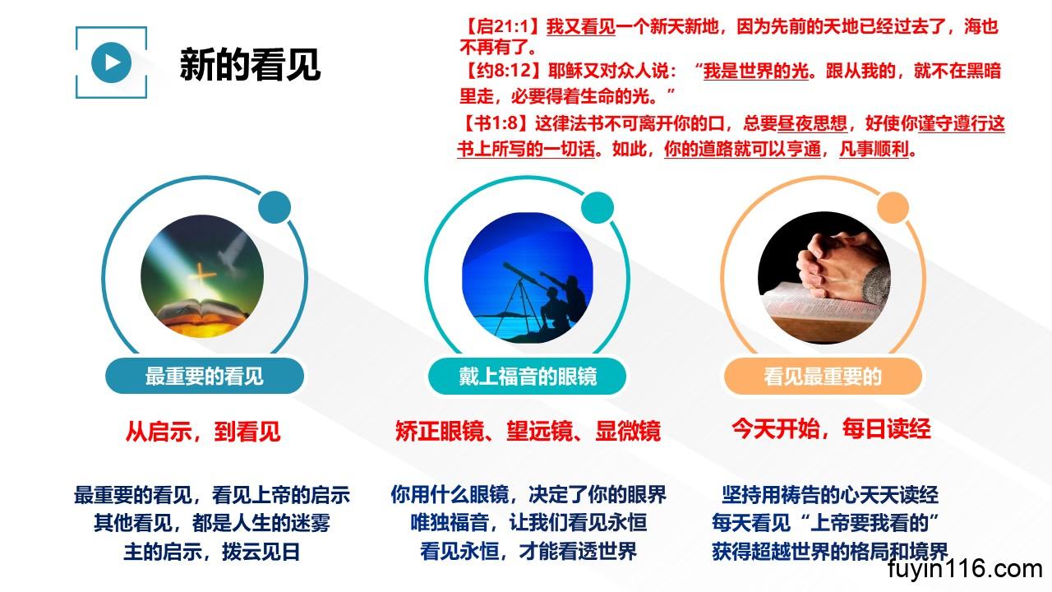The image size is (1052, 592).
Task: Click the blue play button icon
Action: (x=111, y=62)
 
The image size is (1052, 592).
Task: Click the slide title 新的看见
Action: (x=250, y=64)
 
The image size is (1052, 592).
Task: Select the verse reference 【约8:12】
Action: (x=502, y=71)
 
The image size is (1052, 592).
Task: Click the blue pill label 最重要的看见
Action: (x=205, y=376)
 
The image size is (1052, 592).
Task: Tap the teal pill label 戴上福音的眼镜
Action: (x=528, y=376)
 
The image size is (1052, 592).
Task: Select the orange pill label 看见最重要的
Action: (x=823, y=376)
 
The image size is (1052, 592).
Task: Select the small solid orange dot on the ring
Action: (x=893, y=208)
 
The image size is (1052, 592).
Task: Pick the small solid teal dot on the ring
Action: (x=598, y=208)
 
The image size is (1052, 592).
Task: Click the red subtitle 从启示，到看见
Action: (x=203, y=431)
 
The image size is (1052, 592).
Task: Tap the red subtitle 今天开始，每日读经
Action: (x=830, y=428)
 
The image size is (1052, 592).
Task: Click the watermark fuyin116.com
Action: (x=965, y=569)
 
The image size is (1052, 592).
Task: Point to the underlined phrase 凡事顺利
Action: (x=874, y=150)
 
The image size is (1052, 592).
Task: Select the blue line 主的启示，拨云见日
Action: (x=212, y=552)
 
